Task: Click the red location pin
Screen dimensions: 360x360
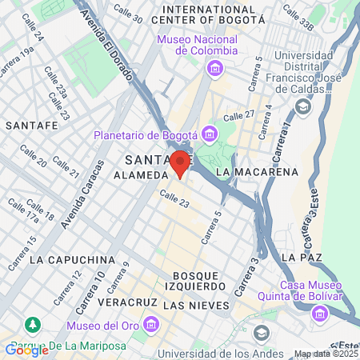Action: [180, 162]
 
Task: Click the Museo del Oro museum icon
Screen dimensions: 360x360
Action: [150, 324]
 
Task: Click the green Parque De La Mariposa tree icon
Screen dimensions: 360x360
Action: [32, 325]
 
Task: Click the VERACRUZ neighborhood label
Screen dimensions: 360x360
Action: [124, 304]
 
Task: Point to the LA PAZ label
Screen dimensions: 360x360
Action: [301, 256]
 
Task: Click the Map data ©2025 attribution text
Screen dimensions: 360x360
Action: [326, 354]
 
